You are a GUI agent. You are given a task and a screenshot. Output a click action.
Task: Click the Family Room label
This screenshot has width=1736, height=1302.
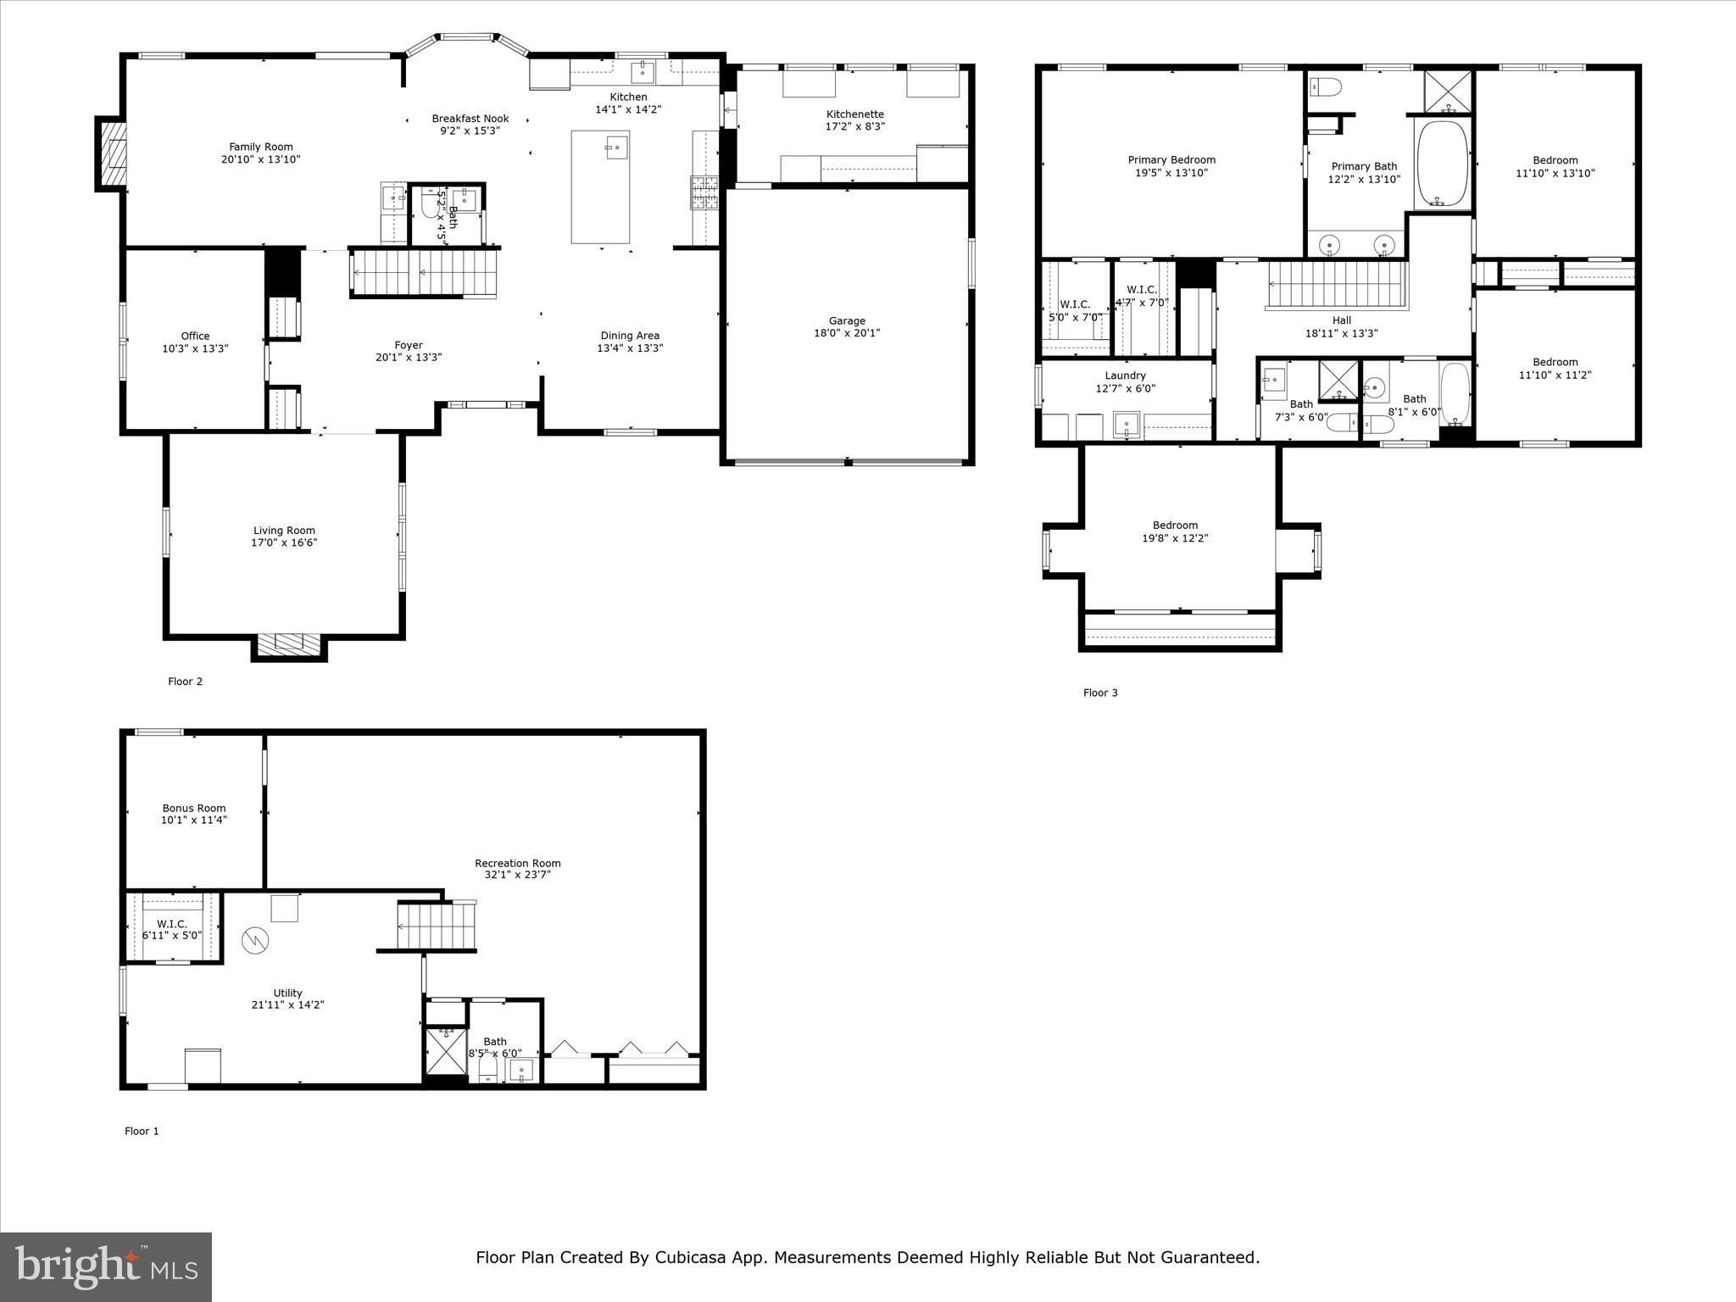(261, 147)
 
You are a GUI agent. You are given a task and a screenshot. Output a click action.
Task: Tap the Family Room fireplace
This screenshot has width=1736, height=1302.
(111, 153)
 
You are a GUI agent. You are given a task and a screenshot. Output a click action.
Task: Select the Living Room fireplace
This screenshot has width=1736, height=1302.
(289, 644)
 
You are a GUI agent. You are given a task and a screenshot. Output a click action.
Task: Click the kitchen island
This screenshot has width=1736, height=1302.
(600, 186)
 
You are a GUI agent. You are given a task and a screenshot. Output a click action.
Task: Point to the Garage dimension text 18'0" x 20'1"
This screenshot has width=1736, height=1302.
(847, 333)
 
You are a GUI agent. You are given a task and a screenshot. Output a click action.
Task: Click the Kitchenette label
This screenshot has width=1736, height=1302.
(854, 114)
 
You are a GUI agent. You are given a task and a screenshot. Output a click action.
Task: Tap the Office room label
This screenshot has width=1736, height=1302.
(195, 336)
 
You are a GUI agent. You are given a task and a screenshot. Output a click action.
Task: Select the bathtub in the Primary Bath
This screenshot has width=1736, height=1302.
(1442, 164)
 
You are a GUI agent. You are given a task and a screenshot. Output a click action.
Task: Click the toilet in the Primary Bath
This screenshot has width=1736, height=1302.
(1325, 86)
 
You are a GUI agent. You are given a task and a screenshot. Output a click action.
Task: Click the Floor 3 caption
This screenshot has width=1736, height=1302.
(1100, 693)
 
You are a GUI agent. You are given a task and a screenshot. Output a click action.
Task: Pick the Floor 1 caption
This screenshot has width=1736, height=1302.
(142, 1131)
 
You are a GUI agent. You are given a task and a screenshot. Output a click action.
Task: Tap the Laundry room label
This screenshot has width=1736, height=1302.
(1125, 376)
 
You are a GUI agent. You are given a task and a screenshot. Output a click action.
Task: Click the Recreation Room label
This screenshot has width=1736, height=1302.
(517, 863)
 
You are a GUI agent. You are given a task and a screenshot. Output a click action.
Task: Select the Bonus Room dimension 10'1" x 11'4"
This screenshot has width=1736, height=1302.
(194, 820)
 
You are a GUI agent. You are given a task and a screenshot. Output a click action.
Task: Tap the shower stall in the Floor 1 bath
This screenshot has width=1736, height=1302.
(445, 1050)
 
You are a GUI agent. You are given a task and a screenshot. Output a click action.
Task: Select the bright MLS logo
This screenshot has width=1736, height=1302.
(106, 1266)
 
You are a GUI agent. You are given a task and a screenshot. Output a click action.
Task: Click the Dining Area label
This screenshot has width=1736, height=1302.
(630, 335)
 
